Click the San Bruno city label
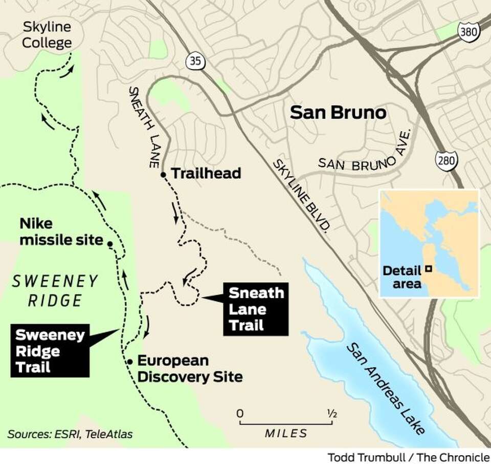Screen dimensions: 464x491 tap(338, 112)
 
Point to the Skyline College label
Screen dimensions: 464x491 tap(46, 35)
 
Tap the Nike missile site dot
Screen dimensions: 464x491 tap(110, 244)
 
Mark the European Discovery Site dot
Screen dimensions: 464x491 tap(130, 362)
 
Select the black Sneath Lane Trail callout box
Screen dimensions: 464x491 tap(255, 309)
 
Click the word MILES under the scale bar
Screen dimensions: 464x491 tap(286, 433)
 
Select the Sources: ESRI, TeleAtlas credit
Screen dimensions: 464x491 tap(70, 434)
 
